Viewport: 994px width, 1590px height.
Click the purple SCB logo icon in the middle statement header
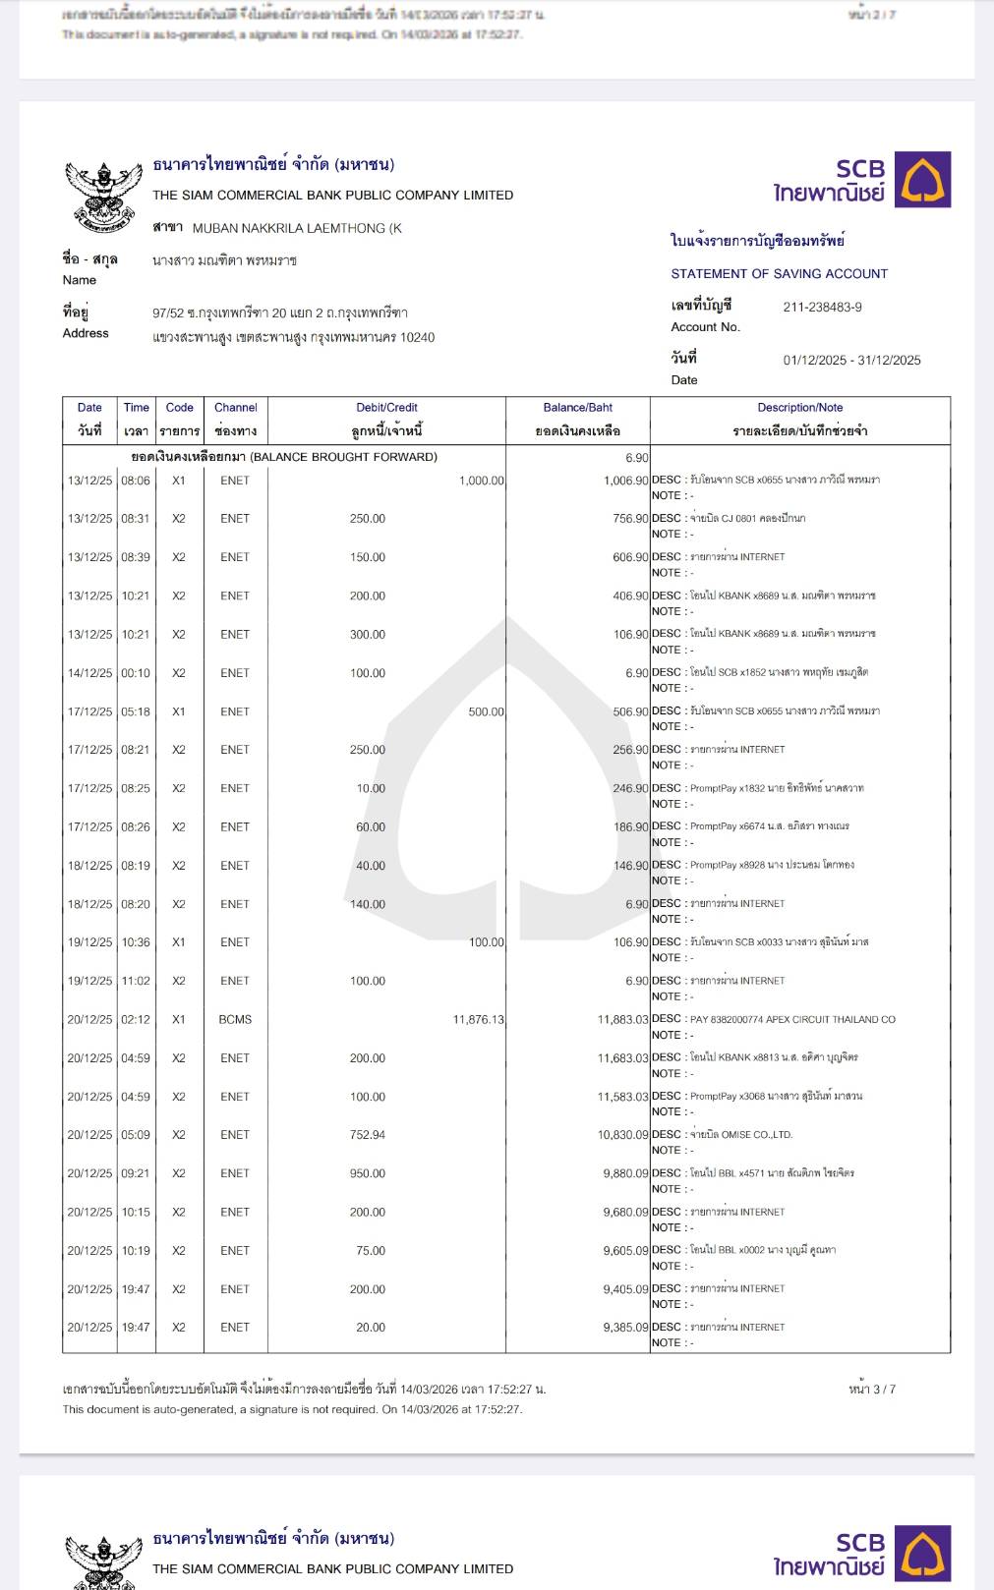[922, 180]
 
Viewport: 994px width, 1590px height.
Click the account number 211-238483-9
[822, 308]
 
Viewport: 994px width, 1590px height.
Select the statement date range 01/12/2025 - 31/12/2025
[851, 361]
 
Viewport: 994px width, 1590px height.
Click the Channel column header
[235, 408]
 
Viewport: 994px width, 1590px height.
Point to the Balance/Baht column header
[577, 408]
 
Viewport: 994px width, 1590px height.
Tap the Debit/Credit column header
[386, 408]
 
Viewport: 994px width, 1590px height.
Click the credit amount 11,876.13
[478, 1020]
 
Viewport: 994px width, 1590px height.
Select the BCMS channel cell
[235, 1020]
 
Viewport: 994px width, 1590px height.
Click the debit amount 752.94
[368, 1135]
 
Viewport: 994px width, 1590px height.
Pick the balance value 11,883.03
[622, 1020]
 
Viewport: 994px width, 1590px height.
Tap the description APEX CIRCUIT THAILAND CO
[792, 1020]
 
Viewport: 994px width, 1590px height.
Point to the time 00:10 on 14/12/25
[136, 673]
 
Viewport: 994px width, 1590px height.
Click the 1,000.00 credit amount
[481, 481]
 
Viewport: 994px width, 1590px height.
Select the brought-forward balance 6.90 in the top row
[636, 458]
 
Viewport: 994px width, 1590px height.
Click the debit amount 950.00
[368, 1173]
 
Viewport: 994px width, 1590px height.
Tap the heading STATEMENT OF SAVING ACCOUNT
[779, 274]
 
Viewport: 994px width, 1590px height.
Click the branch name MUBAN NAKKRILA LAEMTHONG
[296, 229]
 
